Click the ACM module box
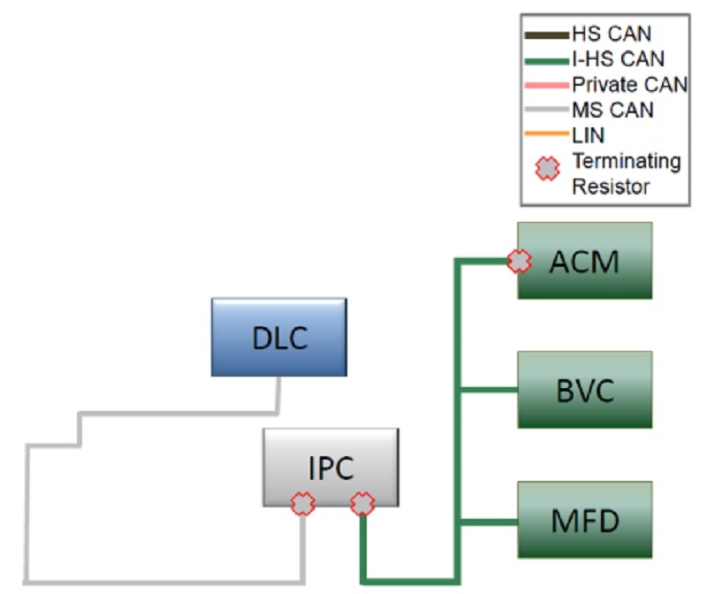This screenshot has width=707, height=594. (584, 261)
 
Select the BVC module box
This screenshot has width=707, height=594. (584, 390)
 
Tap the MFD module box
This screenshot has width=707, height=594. (584, 519)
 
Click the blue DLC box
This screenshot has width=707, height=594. (278, 338)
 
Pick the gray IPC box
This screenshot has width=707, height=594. (331, 467)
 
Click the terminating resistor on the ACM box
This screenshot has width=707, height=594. (519, 261)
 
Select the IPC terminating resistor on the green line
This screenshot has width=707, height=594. (362, 504)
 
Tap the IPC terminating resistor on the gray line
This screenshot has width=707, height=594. (303, 504)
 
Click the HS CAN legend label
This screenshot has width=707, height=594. (612, 35)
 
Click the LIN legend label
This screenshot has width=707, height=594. (589, 134)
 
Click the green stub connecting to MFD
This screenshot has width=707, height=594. (488, 521)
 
